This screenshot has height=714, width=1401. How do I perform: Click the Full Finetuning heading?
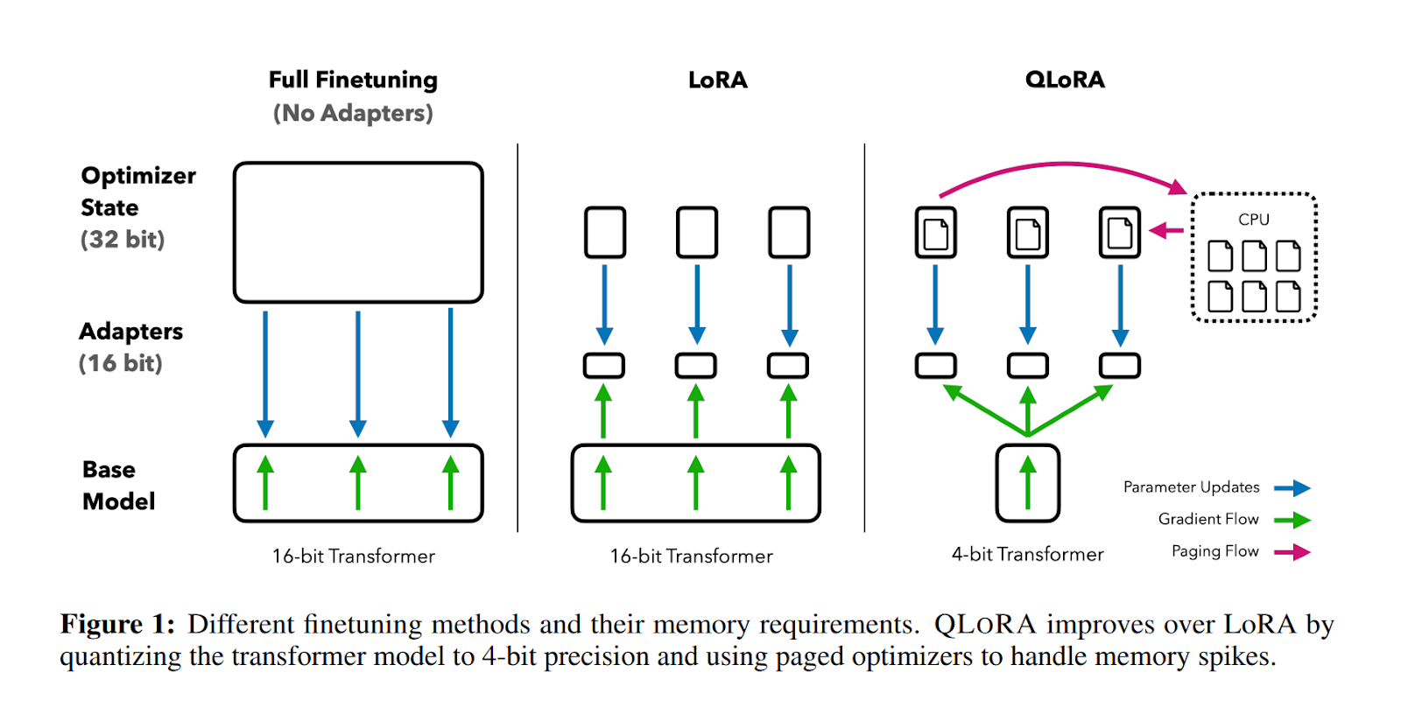click(x=353, y=80)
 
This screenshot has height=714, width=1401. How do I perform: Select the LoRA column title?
click(x=717, y=80)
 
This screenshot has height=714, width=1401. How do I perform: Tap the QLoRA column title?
click(x=1065, y=80)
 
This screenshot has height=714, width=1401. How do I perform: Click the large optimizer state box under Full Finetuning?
click(x=358, y=232)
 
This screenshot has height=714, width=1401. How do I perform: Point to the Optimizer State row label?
click(x=137, y=191)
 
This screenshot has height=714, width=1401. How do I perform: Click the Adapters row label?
click(x=130, y=332)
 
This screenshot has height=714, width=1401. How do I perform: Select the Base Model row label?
click(x=118, y=485)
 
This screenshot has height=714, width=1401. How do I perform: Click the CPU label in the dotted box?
click(x=1253, y=220)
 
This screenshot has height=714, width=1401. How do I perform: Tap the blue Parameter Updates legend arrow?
click(x=1292, y=488)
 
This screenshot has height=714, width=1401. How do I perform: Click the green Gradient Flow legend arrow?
click(x=1292, y=521)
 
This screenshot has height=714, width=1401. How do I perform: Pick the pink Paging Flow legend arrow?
click(x=1292, y=552)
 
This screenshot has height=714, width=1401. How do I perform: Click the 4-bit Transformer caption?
click(x=1027, y=554)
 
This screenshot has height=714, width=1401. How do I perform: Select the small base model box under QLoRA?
click(x=1027, y=483)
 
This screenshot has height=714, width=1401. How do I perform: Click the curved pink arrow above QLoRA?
click(x=1063, y=164)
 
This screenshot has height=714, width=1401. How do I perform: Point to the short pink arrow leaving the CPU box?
click(x=1166, y=231)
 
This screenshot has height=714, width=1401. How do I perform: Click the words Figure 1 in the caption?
click(x=117, y=624)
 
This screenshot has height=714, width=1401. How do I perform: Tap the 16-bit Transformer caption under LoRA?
click(x=691, y=556)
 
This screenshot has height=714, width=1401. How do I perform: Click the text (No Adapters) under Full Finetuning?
click(x=353, y=114)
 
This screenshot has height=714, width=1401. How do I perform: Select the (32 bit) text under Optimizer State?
click(x=123, y=240)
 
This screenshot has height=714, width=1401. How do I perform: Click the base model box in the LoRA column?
click(x=695, y=483)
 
